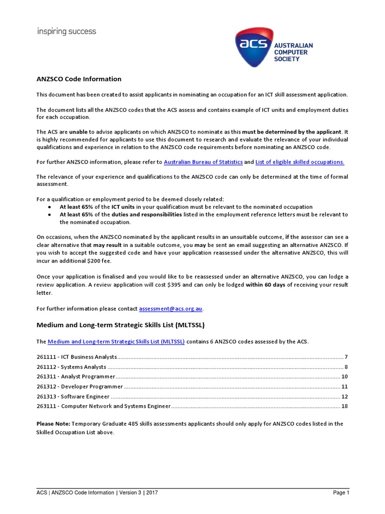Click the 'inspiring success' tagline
coord(67,32)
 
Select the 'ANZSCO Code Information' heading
coord(79,79)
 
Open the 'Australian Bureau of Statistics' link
coord(203,162)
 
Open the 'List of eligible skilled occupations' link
coord(300,162)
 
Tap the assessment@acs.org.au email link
coord(171,308)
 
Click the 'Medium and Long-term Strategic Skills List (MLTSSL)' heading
coord(120,325)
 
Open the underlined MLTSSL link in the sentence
coord(116,341)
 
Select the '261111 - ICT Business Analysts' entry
coord(77,357)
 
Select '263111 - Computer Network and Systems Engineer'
coord(104,406)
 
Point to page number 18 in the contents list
coord(344,406)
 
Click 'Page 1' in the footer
coord(341,493)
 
